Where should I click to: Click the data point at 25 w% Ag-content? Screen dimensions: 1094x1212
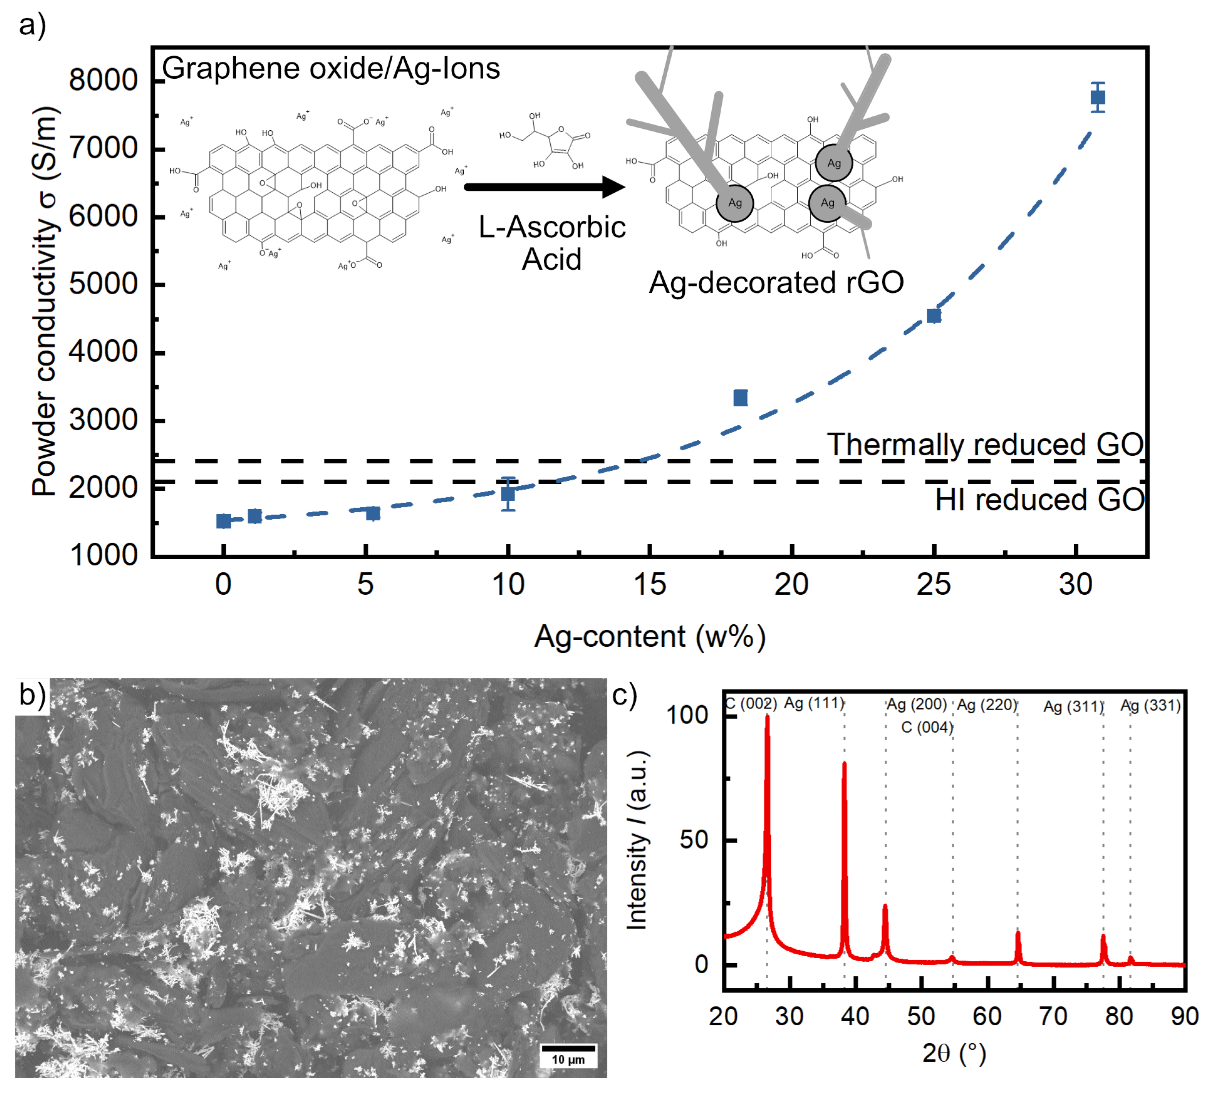[x=933, y=316]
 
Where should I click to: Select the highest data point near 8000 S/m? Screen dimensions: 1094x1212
[x=1098, y=98]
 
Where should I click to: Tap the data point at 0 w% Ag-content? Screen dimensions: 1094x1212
[x=224, y=521]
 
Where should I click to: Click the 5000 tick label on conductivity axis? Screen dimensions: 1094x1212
[x=103, y=285]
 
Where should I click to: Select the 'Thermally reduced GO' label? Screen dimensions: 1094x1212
[x=985, y=445]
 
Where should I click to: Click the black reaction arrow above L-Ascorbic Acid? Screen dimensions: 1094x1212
[x=544, y=187]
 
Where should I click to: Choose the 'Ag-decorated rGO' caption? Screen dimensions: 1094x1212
[x=776, y=283]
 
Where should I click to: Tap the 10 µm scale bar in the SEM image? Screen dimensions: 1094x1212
[x=568, y=1048]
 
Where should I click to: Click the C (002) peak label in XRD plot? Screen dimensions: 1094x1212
[x=751, y=703]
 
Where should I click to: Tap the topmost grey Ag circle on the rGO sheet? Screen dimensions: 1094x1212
[x=834, y=163]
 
